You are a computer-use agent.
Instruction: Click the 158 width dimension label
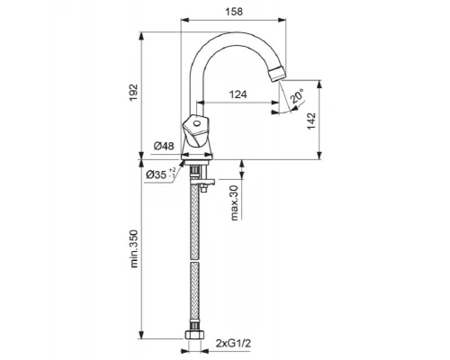point(234,12)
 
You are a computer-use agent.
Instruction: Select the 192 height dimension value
point(133,93)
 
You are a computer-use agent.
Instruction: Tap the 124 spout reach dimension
point(238,94)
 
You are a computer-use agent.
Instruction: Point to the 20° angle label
point(297,96)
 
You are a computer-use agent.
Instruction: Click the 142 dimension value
point(311,121)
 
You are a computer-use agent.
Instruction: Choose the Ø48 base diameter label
point(164,146)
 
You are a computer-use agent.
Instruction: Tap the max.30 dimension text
point(235,202)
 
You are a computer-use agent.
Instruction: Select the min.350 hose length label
point(134,248)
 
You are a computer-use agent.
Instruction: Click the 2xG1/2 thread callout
point(233,343)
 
